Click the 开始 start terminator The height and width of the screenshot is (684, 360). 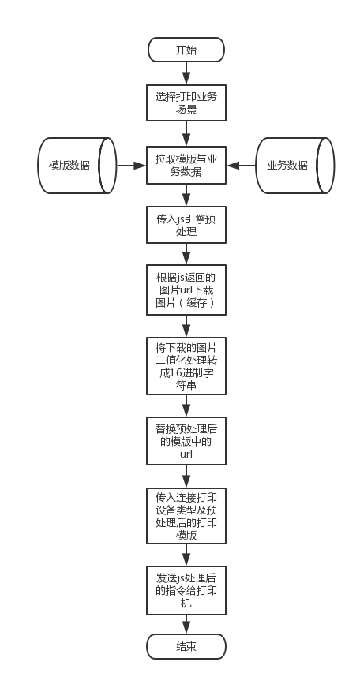(186, 50)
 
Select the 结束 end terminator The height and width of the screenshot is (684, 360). (186, 646)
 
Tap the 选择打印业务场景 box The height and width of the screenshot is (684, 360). (186, 103)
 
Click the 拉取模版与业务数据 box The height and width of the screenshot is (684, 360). (186, 166)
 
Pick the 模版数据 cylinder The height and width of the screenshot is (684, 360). (77, 166)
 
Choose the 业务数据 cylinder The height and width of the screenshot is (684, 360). (295, 166)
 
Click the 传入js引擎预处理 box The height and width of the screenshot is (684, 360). (186, 225)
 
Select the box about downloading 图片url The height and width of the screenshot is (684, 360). (186, 290)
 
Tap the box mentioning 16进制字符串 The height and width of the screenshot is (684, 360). (186, 366)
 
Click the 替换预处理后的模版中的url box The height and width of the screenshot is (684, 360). (186, 441)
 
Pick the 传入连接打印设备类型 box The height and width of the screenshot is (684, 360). (186, 516)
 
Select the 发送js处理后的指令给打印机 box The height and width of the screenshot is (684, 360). (186, 590)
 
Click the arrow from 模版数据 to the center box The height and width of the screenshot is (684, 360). (132, 166)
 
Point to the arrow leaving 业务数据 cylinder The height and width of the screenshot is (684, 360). (241, 166)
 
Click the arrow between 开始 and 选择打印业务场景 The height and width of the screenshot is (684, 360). (186, 73)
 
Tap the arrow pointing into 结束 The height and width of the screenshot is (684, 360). (186, 624)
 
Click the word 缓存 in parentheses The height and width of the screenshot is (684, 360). (196, 303)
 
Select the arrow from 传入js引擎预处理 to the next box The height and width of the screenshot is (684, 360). (186, 254)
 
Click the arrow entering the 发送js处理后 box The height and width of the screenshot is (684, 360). (186, 555)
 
